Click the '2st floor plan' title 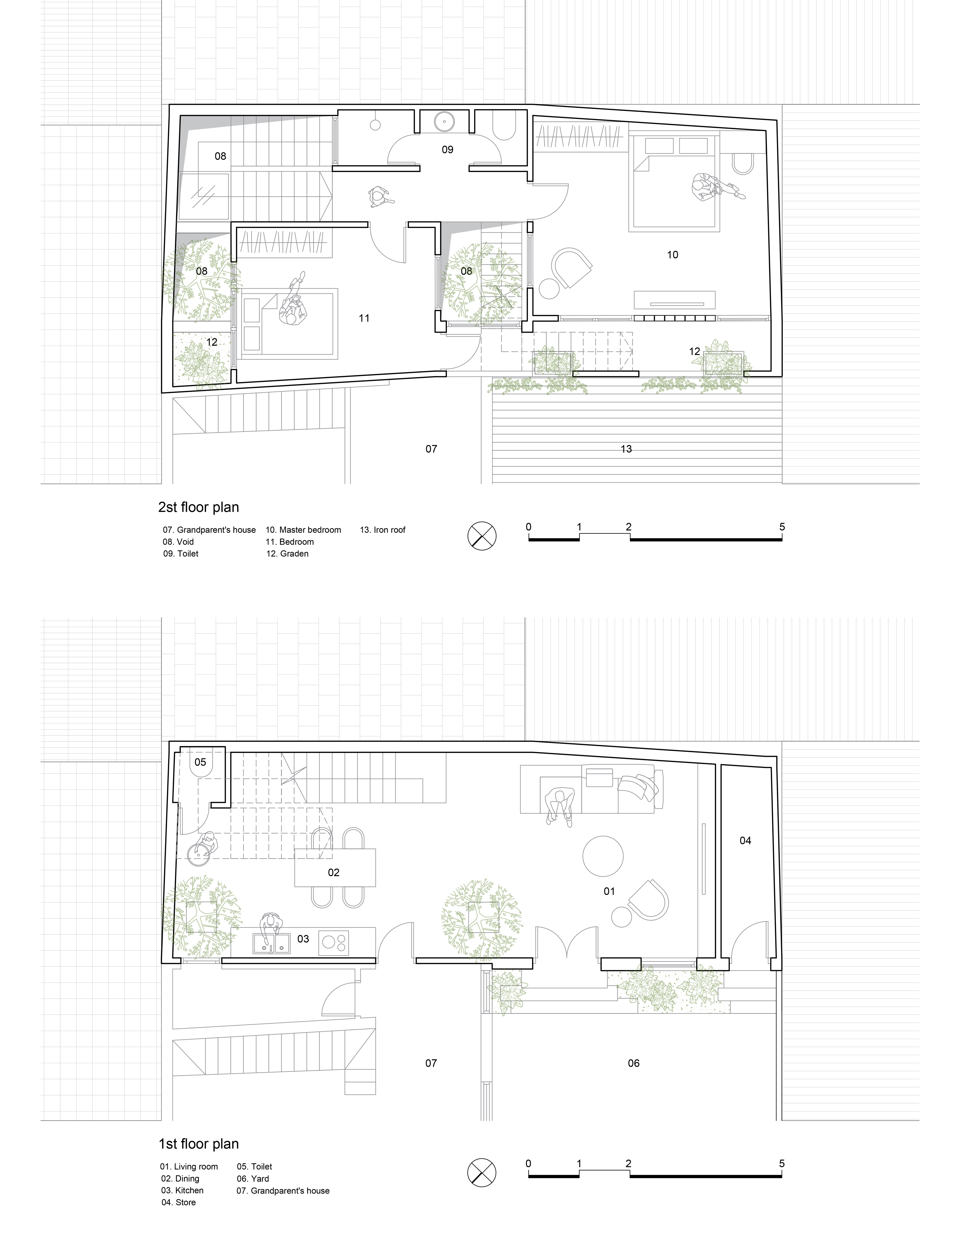coord(199,507)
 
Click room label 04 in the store coord(746,841)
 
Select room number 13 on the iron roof coord(626,449)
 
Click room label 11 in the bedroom coord(364,319)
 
